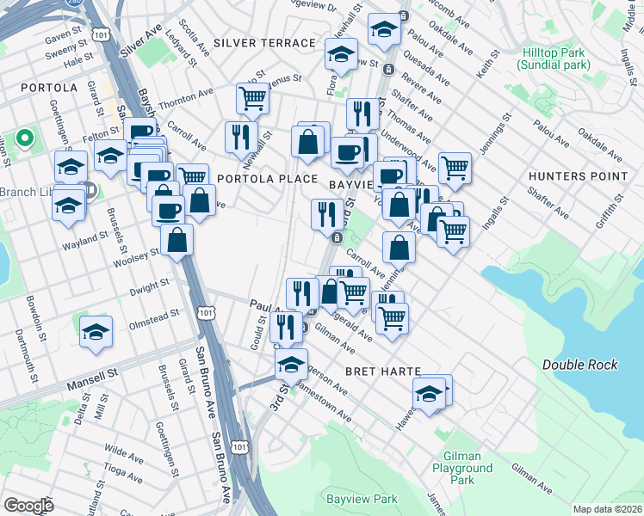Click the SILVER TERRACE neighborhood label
(x=264, y=43)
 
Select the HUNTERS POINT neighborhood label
(x=578, y=176)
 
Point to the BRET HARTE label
(x=382, y=371)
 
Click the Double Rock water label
(x=580, y=365)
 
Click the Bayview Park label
(x=362, y=499)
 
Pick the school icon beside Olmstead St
(x=96, y=332)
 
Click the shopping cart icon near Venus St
(x=252, y=98)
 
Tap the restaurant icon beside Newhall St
(x=240, y=136)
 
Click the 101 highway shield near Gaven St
(x=102, y=34)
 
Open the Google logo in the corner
(x=28, y=506)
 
